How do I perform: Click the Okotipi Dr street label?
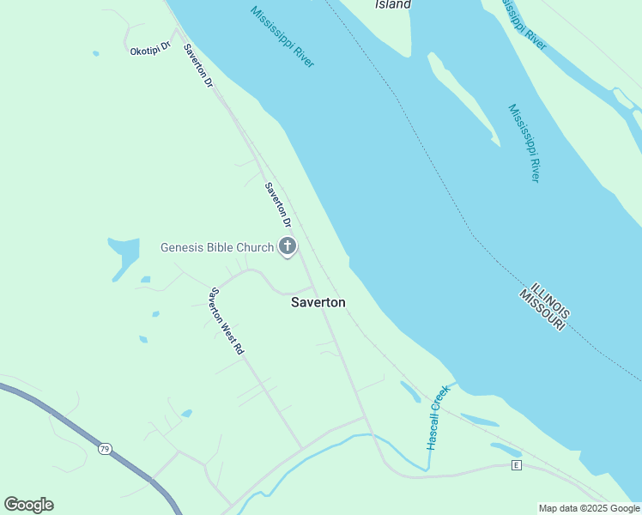click(150, 51)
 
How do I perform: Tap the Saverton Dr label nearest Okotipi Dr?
click(197, 64)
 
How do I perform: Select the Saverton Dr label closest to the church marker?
click(278, 205)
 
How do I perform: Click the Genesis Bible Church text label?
click(217, 248)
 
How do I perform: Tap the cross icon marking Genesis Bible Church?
click(288, 247)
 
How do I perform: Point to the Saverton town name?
click(318, 302)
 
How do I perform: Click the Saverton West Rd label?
click(227, 321)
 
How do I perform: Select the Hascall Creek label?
click(438, 418)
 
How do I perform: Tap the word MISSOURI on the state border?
click(541, 311)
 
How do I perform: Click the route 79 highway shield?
click(105, 449)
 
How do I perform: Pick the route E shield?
click(516, 465)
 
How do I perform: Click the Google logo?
click(28, 505)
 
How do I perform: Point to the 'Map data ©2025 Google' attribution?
click(589, 508)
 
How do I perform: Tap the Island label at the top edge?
click(393, 5)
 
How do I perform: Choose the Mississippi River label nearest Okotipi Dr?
click(282, 37)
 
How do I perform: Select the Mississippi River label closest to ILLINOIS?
click(524, 142)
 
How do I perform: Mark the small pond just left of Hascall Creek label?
click(410, 391)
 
